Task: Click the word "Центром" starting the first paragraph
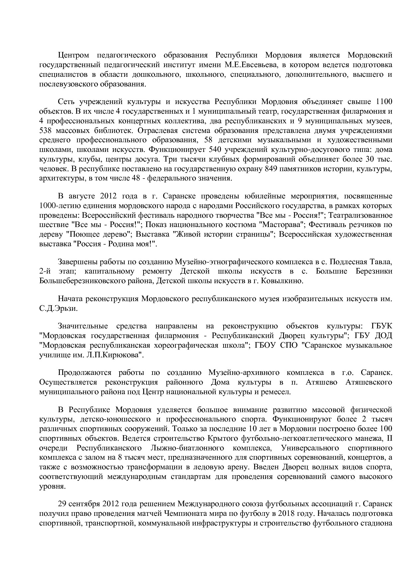[72, 55]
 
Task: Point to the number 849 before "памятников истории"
[271, 169]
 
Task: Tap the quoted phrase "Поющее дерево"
[99, 234]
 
